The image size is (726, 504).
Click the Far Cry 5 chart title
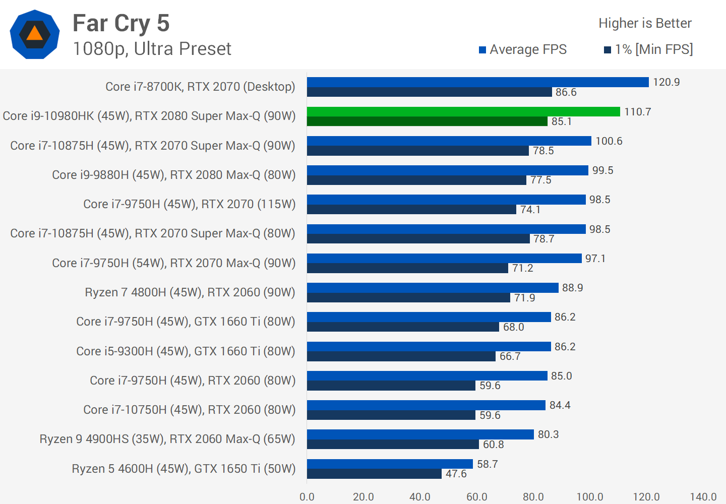click(121, 23)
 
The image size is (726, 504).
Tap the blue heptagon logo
click(35, 34)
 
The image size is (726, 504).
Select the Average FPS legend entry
click(523, 49)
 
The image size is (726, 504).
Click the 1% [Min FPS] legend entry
click(648, 49)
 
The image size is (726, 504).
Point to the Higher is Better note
click(645, 23)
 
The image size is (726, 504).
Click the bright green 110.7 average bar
click(463, 111)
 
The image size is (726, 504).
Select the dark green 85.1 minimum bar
click(427, 121)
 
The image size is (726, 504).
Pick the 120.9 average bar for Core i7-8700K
click(477, 82)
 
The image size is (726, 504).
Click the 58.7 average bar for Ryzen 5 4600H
click(390, 464)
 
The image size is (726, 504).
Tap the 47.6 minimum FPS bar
click(374, 474)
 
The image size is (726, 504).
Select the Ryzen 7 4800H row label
click(190, 292)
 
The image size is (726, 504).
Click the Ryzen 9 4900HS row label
click(167, 439)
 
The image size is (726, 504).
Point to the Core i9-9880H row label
click(174, 175)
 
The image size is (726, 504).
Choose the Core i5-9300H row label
click(186, 351)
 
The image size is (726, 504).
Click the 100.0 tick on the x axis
click(590, 497)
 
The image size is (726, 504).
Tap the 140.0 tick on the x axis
click(703, 497)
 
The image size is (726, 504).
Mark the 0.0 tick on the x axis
click(307, 497)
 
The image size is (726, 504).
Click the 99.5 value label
click(602, 170)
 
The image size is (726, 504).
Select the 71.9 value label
click(524, 298)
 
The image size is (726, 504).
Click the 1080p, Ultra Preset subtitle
click(152, 49)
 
